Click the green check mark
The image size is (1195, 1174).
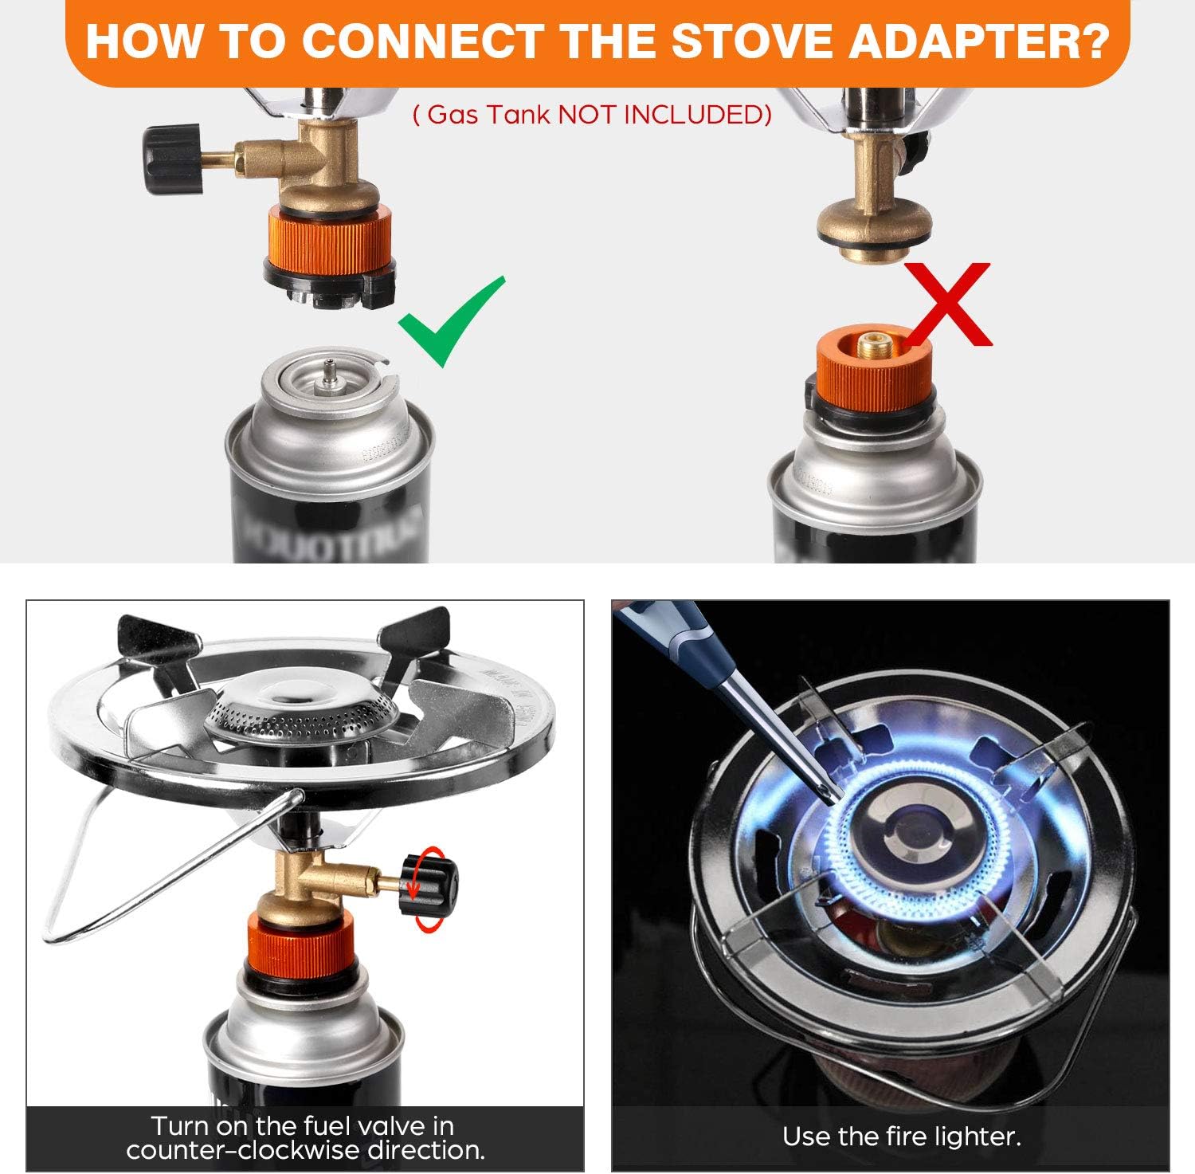pyautogui.click(x=450, y=323)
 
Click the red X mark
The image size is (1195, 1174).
pyautogui.click(x=948, y=304)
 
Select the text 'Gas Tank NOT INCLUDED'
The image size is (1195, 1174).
pyautogui.click(x=592, y=115)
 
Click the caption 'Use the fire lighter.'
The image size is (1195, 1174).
pyautogui.click(x=901, y=1136)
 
